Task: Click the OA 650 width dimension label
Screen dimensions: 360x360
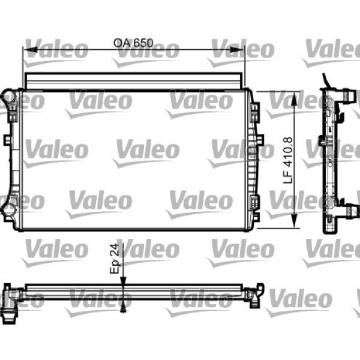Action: tap(134, 43)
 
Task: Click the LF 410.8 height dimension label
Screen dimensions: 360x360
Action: tap(288, 160)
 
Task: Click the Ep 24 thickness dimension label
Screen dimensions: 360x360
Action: tap(115, 259)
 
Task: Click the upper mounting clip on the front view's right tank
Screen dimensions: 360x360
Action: tap(255, 111)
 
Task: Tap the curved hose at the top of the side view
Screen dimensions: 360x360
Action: tap(326, 82)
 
